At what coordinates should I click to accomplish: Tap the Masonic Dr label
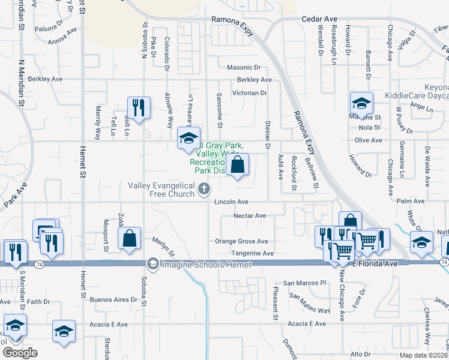tap(244, 68)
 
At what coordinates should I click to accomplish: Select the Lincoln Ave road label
tap(232, 202)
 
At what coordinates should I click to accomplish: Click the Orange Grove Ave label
tap(241, 241)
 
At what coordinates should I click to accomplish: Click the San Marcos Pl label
tap(304, 283)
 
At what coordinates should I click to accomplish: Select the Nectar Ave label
tap(249, 215)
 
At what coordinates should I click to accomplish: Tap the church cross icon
tap(204, 190)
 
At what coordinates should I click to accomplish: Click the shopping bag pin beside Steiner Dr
tap(238, 164)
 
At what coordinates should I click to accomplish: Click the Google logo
tap(20, 353)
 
